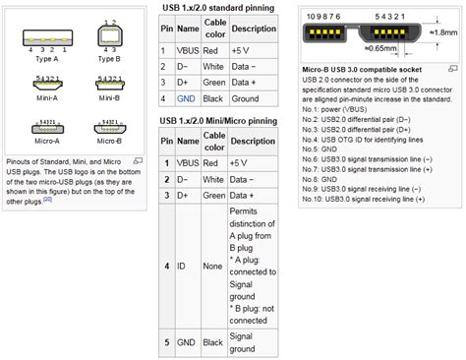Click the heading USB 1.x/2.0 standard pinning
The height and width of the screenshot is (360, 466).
[x=214, y=8]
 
